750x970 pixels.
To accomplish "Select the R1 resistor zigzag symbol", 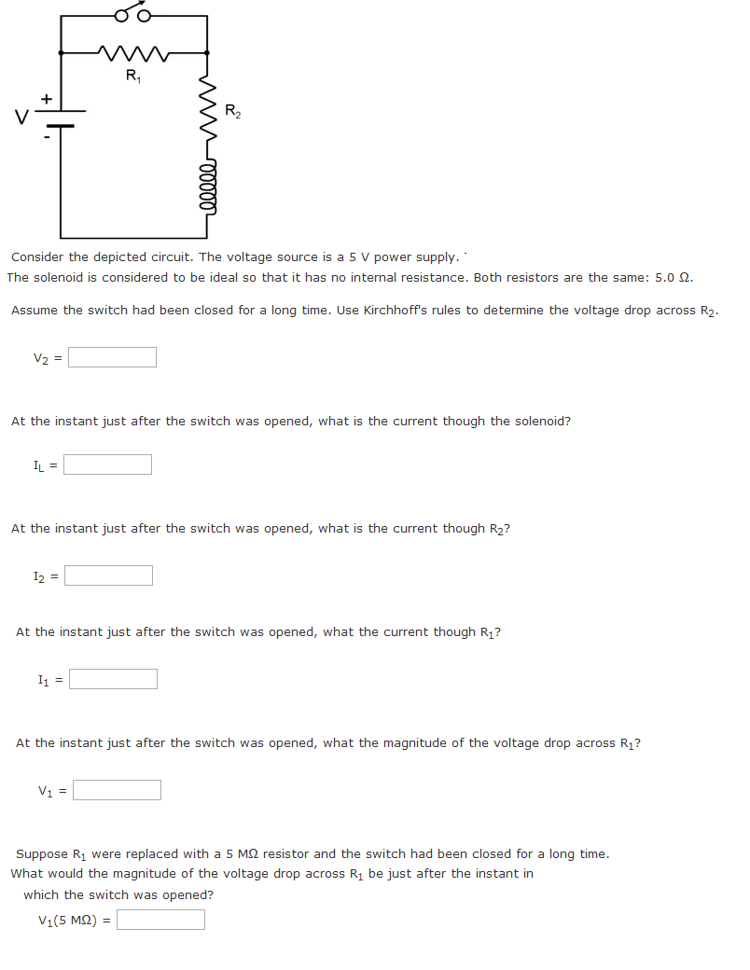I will [x=133, y=53].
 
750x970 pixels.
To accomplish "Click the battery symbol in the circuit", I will [x=62, y=118].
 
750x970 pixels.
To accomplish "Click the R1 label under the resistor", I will [x=133, y=76].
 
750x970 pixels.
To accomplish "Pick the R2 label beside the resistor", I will [x=232, y=113].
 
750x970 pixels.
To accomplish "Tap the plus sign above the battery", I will [x=45, y=97].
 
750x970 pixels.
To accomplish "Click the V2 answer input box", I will [x=112, y=357].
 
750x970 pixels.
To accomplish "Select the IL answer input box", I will [x=107, y=464].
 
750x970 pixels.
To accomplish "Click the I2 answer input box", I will [x=108, y=575].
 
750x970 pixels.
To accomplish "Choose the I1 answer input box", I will [x=113, y=679].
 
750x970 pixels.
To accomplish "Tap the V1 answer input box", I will [x=117, y=790].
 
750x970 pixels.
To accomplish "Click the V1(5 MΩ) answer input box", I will [x=160, y=920].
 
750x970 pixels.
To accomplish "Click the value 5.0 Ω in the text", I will [x=673, y=277].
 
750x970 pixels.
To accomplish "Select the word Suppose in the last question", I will [x=42, y=853].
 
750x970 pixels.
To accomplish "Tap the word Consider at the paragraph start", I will [x=37, y=256].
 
